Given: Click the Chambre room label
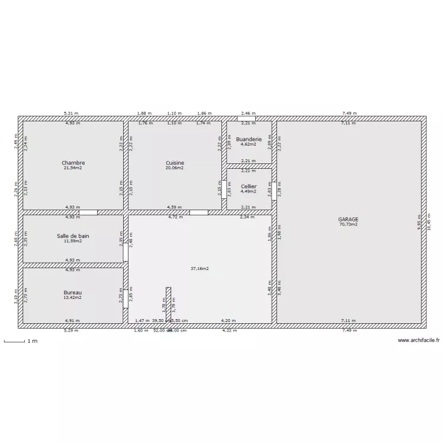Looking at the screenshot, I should pos(73,163).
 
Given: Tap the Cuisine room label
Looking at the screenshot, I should pos(175,163).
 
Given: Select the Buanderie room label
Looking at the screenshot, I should pos(249,139).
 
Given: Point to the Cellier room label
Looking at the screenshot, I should pos(249,186).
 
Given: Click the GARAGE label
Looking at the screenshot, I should pos(349,220).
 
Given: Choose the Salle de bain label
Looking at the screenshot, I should pos(73,236).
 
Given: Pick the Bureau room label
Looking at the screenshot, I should pos(73,292).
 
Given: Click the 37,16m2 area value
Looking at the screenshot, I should pos(200,268).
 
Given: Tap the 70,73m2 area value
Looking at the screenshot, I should pos(349,224).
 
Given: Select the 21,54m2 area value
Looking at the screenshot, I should pos(73,168).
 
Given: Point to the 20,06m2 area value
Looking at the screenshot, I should pos(175,168).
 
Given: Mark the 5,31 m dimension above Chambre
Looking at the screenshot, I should pos(72,113).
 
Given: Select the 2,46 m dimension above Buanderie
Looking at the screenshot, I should pos(249,113).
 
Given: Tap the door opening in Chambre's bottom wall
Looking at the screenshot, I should pos(88,212).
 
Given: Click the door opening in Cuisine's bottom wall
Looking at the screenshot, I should pos(198,212).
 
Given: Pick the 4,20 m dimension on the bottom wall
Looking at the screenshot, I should pos(229,320).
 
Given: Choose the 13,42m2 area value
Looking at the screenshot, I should pos(73,298).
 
